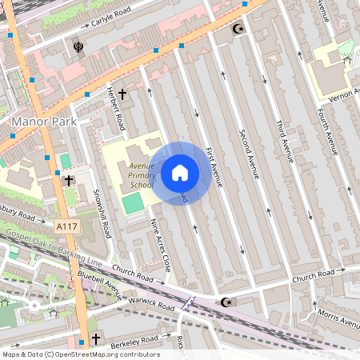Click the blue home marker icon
coord(180,172)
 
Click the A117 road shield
coord(68,228)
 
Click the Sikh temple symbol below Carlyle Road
coord(78,46)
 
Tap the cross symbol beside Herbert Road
coord(122,94)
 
